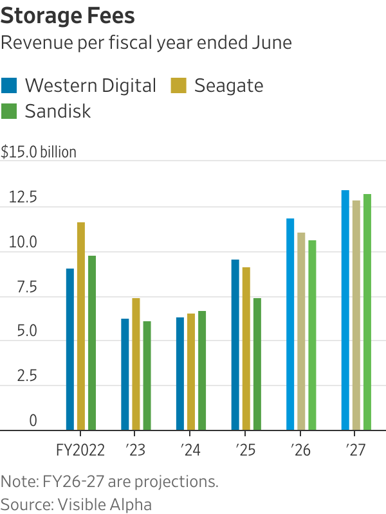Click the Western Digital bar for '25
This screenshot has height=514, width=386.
tap(235, 344)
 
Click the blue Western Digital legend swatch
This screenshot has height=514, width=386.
tap(10, 85)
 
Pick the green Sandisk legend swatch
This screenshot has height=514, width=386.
tap(10, 111)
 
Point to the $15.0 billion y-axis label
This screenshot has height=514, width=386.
tap(39, 152)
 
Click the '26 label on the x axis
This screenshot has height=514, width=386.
tap(300, 450)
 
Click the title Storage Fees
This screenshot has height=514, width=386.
tap(68, 15)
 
